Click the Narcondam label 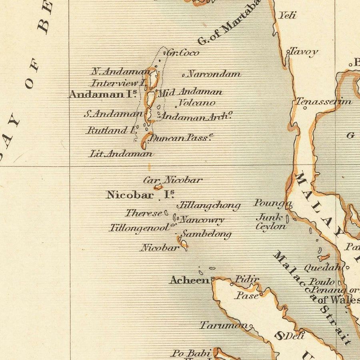[214, 74]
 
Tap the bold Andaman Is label [103, 94]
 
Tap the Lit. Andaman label [120, 153]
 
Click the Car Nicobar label [173, 180]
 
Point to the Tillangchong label [209, 206]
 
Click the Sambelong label [206, 234]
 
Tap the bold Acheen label [189, 280]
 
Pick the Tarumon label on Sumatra [224, 325]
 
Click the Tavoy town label [304, 52]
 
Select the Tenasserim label [324, 102]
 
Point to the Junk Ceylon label [271, 222]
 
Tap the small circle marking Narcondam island [184, 75]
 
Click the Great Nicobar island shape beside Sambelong [184, 244]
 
